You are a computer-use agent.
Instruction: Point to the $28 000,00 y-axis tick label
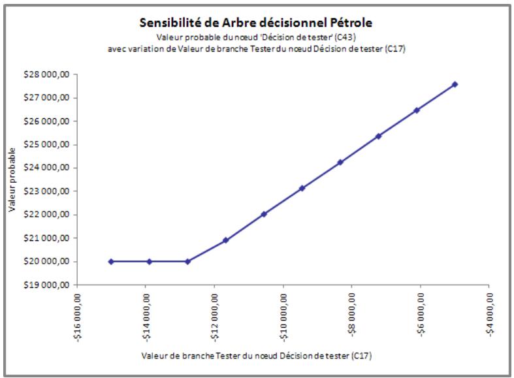[49, 74]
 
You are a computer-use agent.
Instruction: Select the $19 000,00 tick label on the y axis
[49, 285]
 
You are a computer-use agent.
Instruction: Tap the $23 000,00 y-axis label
[49, 191]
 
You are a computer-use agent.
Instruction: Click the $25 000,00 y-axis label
[49, 144]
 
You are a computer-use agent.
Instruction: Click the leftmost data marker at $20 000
[111, 261]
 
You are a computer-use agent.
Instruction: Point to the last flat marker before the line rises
[187, 261]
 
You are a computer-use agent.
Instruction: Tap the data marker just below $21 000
[226, 240]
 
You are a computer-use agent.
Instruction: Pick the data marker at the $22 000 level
[264, 214]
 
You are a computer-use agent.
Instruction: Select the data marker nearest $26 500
[417, 110]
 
